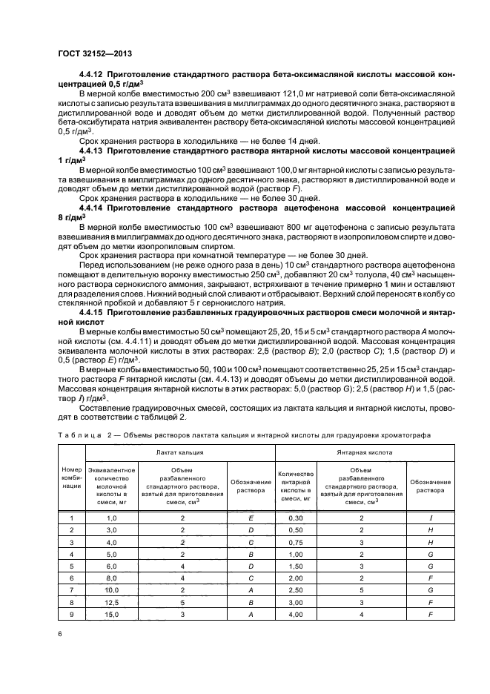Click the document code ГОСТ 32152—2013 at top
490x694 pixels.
tap(90, 54)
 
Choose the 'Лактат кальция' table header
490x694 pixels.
tap(180, 451)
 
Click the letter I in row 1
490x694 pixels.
tap(430, 518)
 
